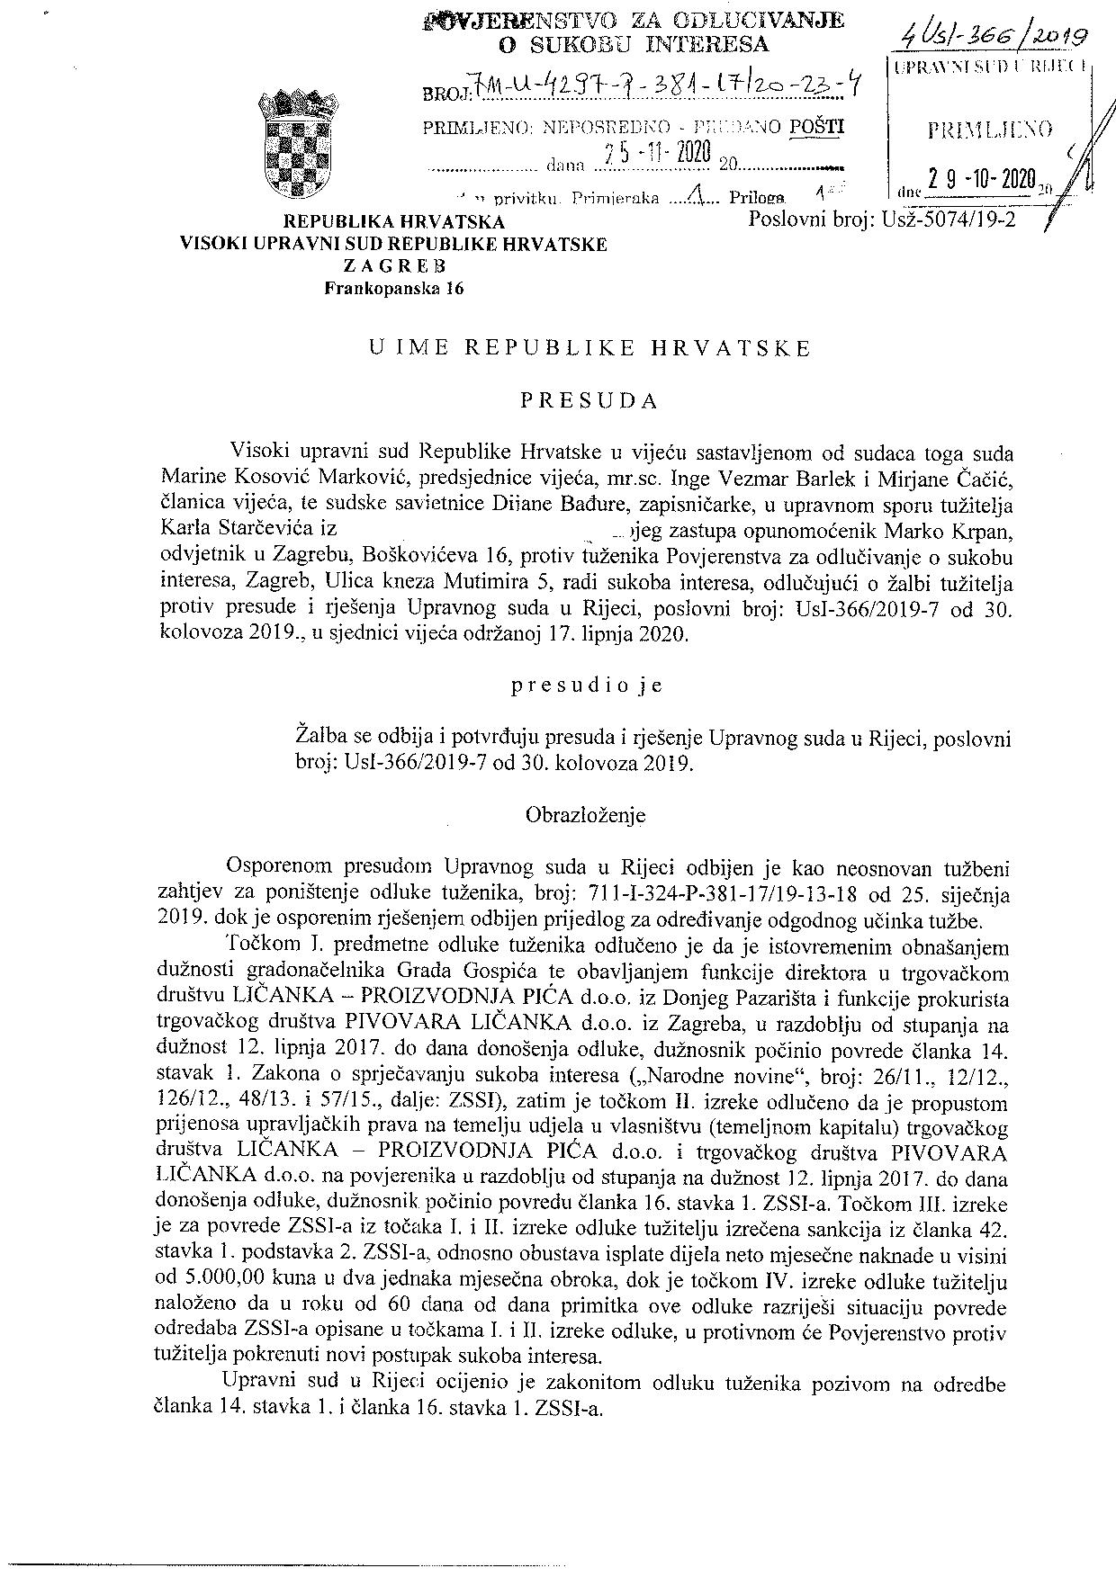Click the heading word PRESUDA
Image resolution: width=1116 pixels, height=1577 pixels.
(x=590, y=401)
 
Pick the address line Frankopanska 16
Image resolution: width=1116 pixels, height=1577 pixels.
(x=395, y=288)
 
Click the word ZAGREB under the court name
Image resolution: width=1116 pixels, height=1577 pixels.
(x=394, y=266)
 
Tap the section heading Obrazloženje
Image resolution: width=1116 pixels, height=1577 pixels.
(x=585, y=815)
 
